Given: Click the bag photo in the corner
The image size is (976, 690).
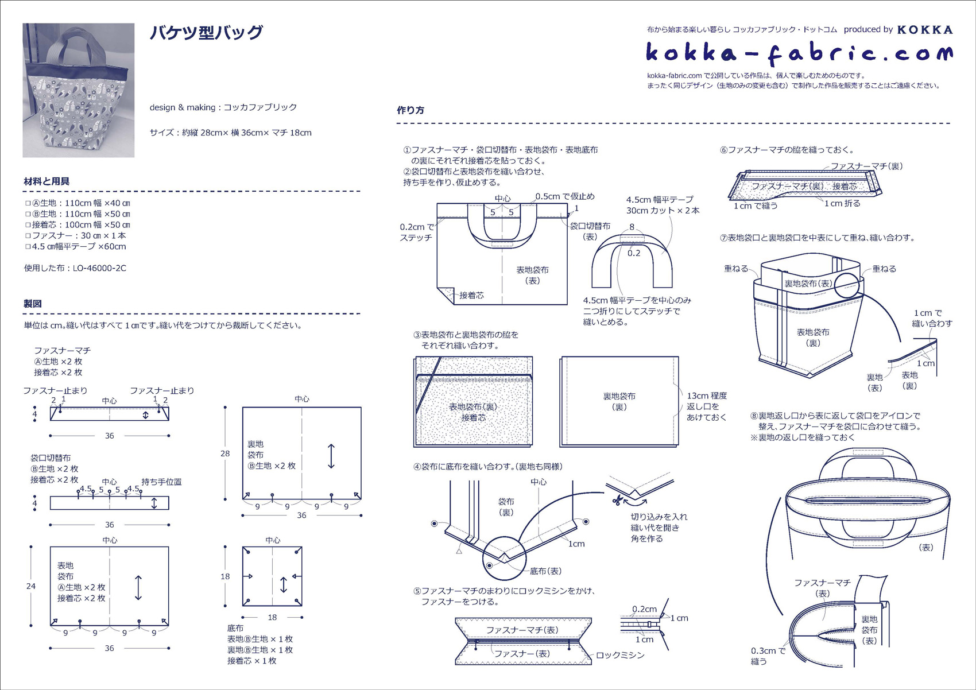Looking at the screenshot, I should click(78, 90).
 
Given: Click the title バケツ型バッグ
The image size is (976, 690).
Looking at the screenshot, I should click(206, 33).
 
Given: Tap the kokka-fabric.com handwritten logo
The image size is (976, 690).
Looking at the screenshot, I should click(799, 53).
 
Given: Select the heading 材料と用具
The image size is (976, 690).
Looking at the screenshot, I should click(47, 181).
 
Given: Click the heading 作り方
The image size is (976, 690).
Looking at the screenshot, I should click(410, 110).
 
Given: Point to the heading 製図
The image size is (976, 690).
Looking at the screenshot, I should click(33, 304).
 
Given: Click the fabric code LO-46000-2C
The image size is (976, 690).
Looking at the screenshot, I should click(99, 268).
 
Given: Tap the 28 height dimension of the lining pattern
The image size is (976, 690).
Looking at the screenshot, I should click(225, 453).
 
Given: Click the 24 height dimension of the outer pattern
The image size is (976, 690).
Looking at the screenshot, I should click(31, 586).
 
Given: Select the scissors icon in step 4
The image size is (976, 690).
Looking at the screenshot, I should click(617, 500).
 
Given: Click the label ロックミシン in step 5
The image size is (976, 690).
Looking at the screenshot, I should click(620, 655).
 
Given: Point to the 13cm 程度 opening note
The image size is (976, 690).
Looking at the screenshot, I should click(707, 396).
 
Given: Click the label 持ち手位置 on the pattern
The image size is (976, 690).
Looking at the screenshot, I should click(161, 482).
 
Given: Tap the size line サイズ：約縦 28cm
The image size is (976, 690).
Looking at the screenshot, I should click(230, 133).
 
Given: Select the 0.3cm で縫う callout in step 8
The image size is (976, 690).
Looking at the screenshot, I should click(768, 656).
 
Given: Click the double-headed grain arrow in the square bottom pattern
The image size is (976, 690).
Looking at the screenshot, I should click(284, 585).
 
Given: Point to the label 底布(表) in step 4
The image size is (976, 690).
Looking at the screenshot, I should click(545, 571).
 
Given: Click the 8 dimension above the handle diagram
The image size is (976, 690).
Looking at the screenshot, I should click(632, 227).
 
